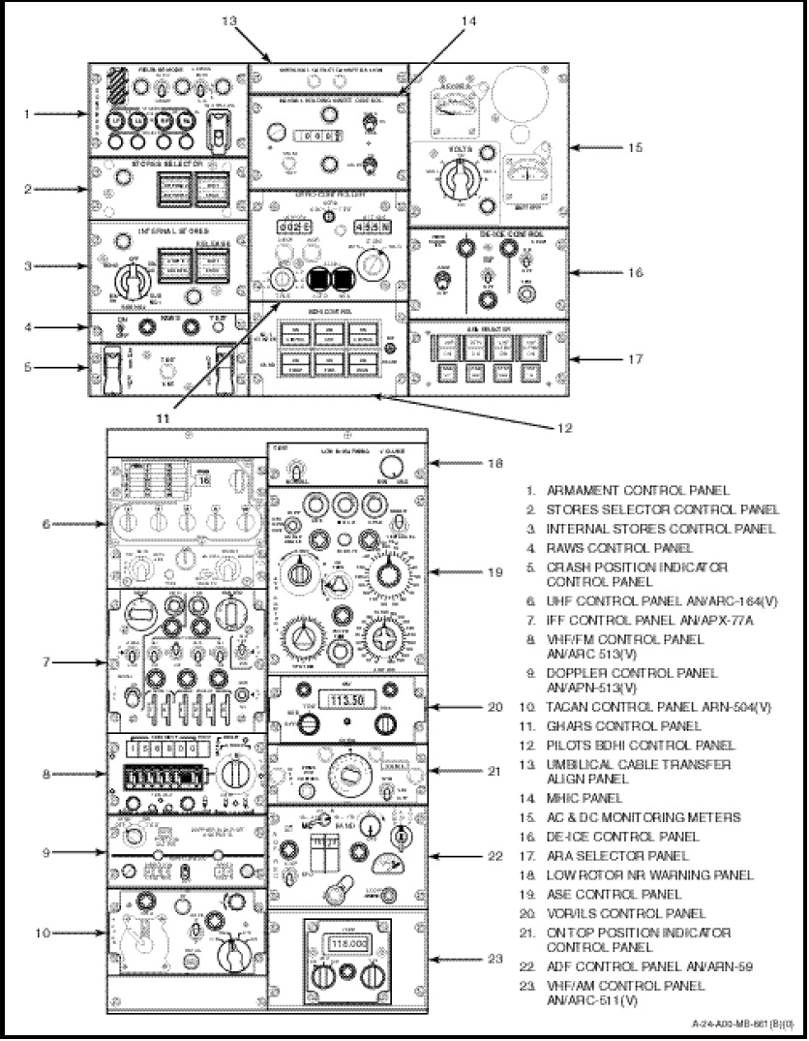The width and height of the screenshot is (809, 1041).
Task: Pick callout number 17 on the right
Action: click(x=635, y=358)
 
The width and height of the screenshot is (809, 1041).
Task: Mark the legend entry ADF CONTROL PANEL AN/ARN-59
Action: click(x=644, y=966)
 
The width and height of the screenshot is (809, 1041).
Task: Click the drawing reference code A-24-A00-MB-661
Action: click(x=735, y=1024)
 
